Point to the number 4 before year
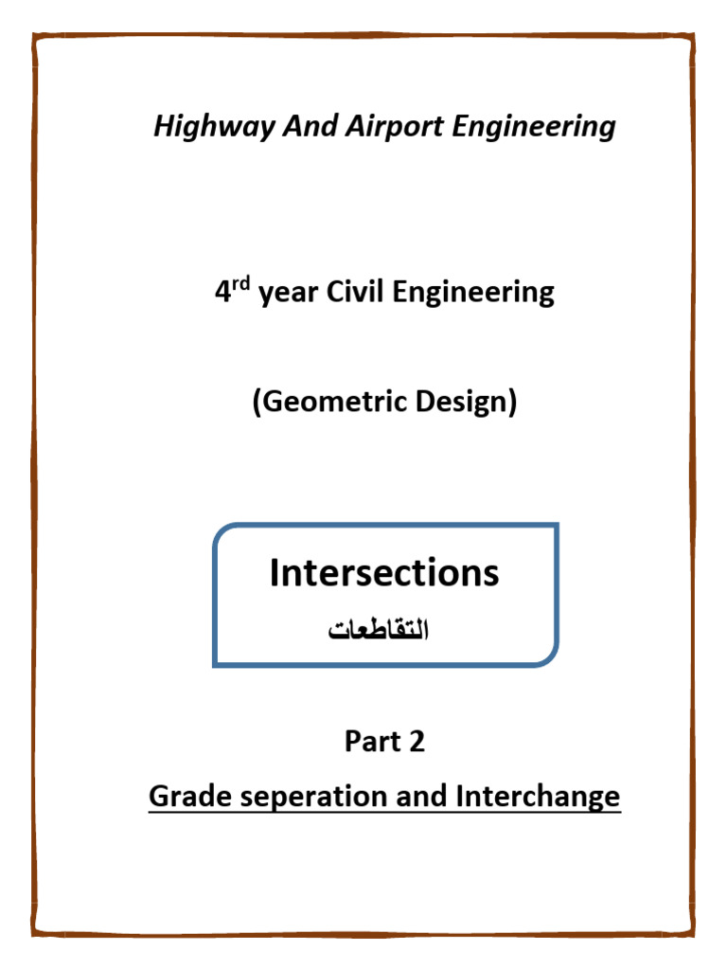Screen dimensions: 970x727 coord(222,292)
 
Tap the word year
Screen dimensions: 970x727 coord(289,294)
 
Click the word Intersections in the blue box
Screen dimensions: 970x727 coord(384,573)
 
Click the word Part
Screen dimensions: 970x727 coord(371,742)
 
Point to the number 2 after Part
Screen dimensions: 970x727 coord(417,742)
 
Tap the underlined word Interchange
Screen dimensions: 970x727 coord(538,797)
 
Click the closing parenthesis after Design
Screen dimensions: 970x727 coord(512,403)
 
